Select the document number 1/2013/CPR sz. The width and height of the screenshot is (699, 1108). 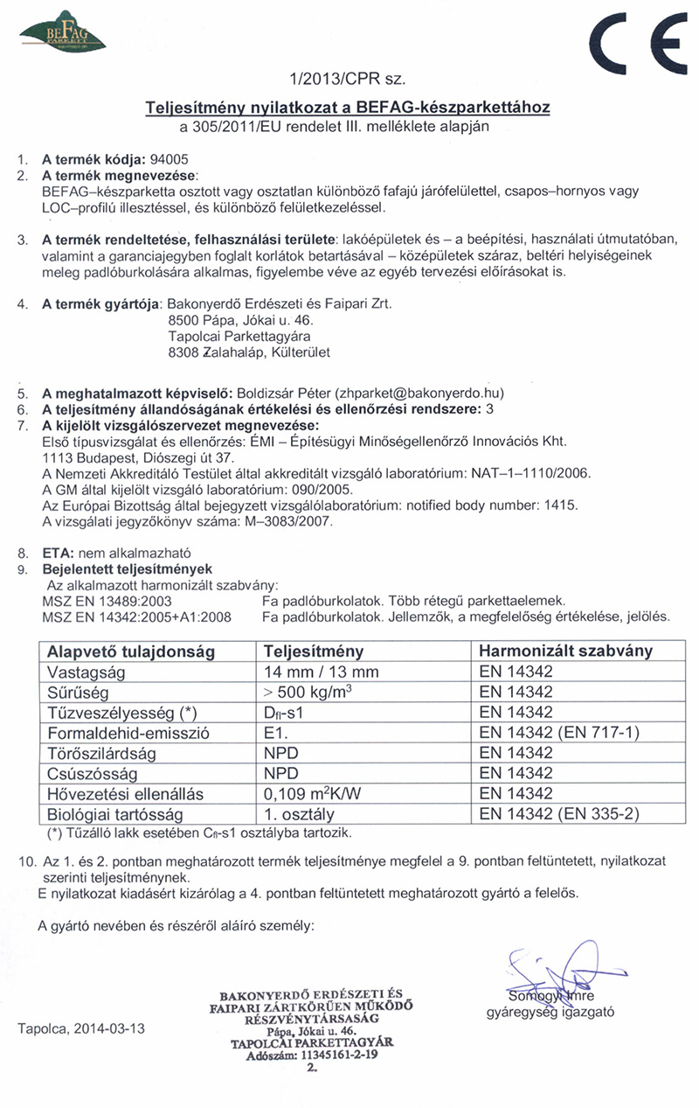coord(347,80)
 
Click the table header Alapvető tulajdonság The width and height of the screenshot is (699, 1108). coord(121,652)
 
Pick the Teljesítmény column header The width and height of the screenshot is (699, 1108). coord(314,652)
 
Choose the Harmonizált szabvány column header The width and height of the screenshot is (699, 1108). coord(566,652)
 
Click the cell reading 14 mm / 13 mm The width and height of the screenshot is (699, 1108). coord(321,672)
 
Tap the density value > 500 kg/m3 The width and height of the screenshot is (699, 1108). coord(314,692)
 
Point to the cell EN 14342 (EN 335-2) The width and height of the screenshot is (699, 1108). coord(559,813)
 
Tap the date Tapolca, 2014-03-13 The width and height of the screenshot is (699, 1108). coord(81,1028)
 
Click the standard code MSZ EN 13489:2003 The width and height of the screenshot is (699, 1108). coord(107,601)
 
